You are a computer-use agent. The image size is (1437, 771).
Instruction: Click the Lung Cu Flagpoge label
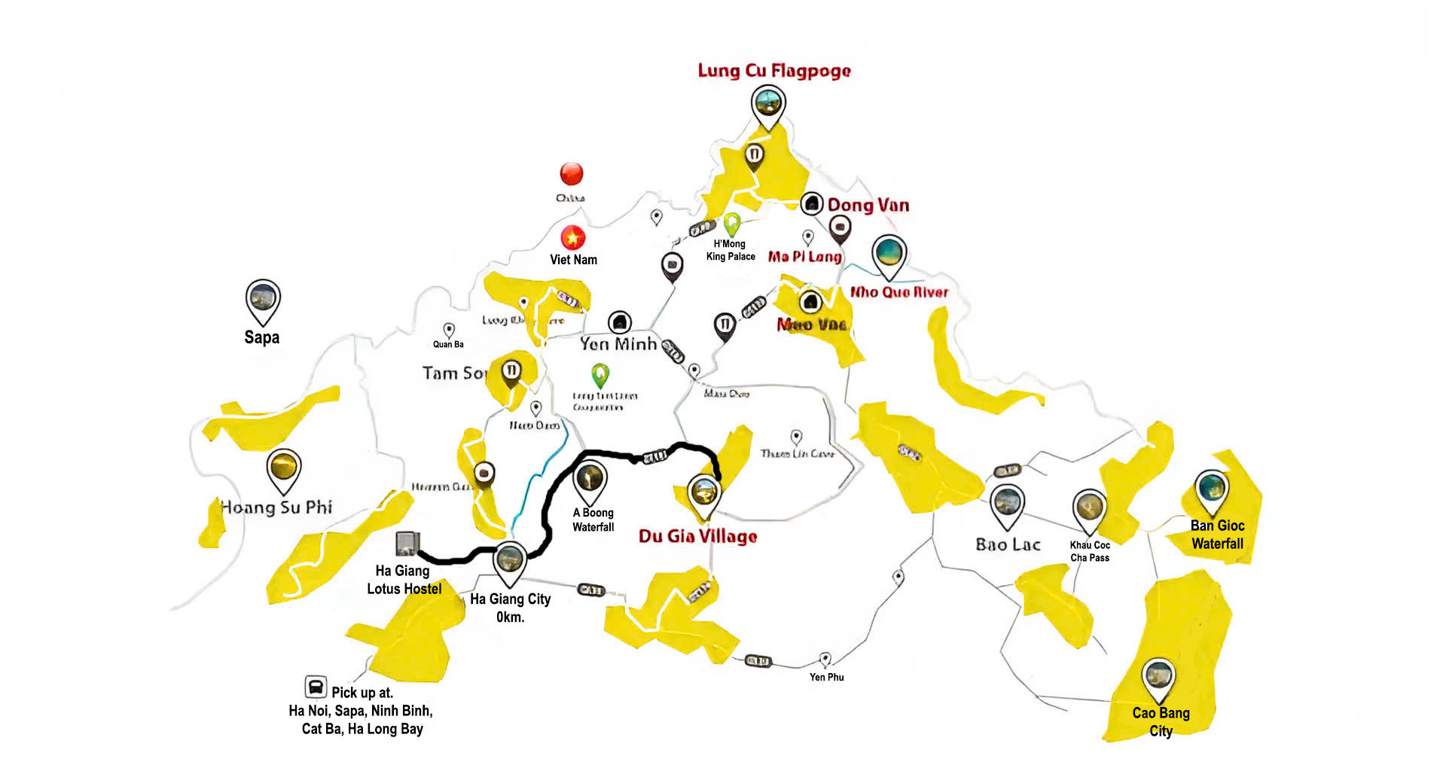click(773, 71)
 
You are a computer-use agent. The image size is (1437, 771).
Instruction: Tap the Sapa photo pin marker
click(263, 300)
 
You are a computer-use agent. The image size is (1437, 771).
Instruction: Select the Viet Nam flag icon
click(572, 238)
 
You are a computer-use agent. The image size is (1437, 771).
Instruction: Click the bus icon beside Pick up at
click(316, 687)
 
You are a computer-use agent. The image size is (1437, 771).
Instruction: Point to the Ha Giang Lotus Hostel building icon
click(407, 543)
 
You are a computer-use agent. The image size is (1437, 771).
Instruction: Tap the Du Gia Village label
click(697, 536)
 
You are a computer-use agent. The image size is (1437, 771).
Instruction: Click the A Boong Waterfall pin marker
click(590, 480)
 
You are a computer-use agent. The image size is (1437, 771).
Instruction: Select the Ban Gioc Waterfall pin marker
click(1211, 489)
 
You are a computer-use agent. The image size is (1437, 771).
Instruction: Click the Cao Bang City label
click(1161, 721)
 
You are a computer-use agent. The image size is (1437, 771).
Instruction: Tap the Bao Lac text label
click(1008, 544)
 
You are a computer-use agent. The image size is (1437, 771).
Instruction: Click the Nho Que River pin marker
click(889, 254)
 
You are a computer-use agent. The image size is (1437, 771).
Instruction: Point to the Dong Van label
click(868, 206)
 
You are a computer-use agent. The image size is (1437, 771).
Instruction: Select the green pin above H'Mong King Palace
click(731, 223)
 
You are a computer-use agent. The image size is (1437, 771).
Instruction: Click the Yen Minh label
click(618, 344)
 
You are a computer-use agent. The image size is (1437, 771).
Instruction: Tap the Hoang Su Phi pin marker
click(284, 468)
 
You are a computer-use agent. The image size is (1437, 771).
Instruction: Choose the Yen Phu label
click(826, 677)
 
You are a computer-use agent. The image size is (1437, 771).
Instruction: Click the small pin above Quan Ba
click(449, 330)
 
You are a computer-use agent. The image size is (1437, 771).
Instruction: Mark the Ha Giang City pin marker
click(509, 562)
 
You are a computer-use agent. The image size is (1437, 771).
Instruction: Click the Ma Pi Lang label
click(804, 257)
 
